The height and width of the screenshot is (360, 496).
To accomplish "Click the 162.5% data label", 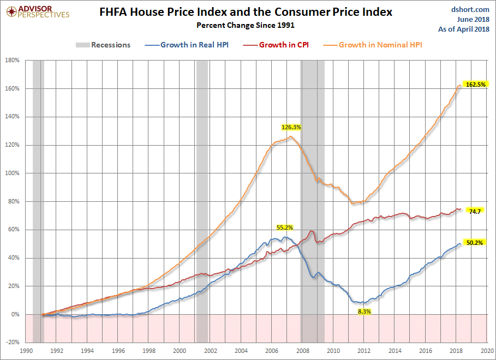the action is tap(475, 85).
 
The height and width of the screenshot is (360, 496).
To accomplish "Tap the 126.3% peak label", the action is tap(291, 127).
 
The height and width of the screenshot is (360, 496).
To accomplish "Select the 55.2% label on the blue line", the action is tap(285, 227).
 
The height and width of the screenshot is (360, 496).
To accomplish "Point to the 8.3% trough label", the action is tap(364, 311).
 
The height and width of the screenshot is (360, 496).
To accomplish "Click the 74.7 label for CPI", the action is tap(475, 212).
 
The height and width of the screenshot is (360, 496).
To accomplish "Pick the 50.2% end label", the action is tap(475, 243).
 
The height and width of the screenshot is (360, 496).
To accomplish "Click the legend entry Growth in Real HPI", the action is tap(187, 45).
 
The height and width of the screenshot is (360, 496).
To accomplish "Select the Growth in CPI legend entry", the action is tap(276, 45).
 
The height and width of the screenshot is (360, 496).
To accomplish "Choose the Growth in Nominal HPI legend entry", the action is tap(373, 45).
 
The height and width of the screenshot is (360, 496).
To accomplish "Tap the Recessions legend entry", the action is tap(103, 45).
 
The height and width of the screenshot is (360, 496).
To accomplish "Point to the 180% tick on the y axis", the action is tap(13, 60).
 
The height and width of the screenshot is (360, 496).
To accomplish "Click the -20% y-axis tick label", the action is tap(13, 343).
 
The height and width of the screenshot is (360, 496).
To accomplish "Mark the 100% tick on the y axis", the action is tap(13, 173).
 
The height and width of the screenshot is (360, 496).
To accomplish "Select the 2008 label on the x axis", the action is tap(303, 351).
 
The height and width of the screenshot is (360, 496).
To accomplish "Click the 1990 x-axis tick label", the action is tap(26, 351).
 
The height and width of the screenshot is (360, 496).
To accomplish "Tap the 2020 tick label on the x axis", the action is tap(487, 351).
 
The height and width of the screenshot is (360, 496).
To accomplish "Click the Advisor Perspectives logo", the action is tap(38, 12).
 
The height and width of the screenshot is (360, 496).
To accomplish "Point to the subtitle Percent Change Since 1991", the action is tap(246, 25).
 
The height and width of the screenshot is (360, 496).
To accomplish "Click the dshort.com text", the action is tap(470, 10).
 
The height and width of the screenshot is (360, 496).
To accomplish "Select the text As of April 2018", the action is tap(464, 29).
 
